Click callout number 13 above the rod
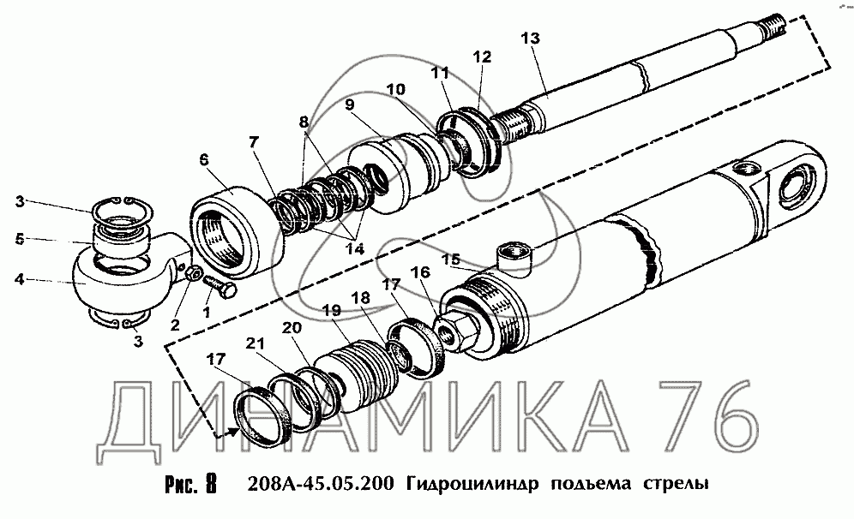(530, 39)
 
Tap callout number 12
(482, 57)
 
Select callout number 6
(204, 160)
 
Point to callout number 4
(20, 280)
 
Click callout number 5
(20, 239)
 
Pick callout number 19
(331, 311)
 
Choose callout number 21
(255, 343)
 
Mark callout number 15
(451, 260)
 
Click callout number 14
(355, 248)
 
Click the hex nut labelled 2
(192, 274)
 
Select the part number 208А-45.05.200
(320, 483)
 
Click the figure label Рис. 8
(190, 483)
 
